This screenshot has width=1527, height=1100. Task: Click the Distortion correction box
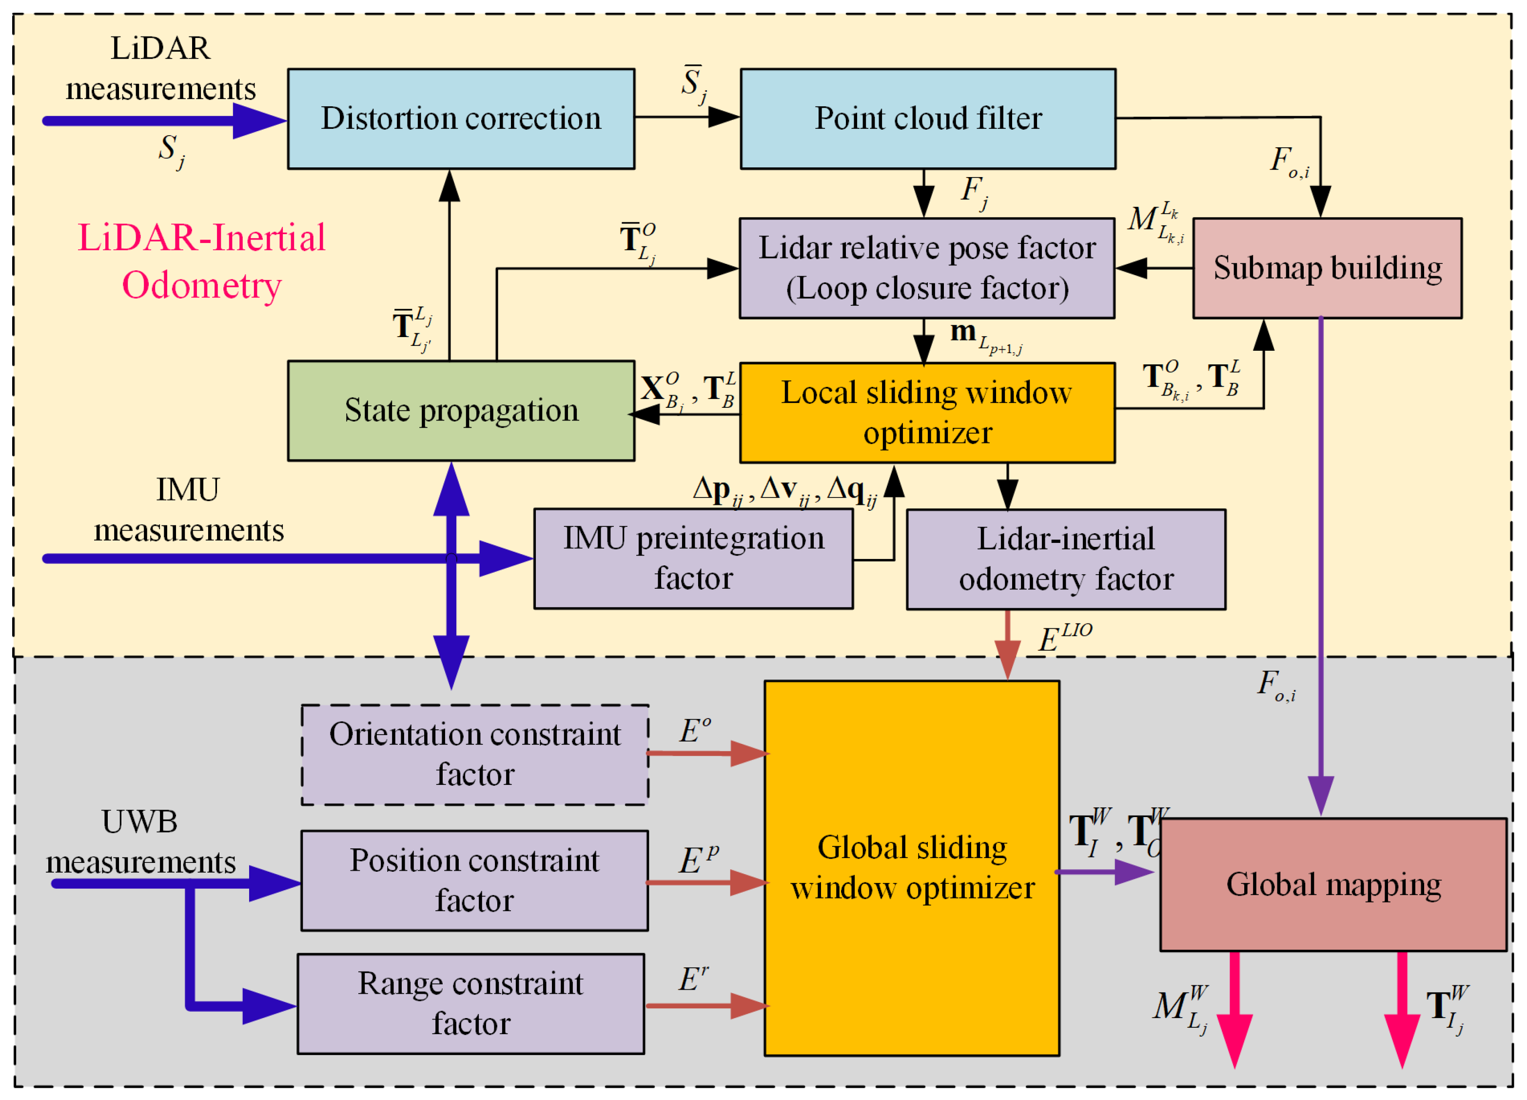tap(461, 119)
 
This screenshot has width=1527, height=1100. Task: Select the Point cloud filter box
tap(928, 119)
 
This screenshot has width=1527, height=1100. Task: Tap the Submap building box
tap(1327, 268)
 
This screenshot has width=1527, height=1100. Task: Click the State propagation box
tap(461, 411)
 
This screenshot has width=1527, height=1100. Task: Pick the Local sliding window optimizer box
tap(927, 413)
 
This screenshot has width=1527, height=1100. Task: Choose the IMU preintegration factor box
tap(693, 559)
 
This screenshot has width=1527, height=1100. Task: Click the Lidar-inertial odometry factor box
tap(1065, 559)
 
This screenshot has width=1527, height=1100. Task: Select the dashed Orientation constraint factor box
tap(475, 755)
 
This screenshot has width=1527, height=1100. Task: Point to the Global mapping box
tap(1333, 884)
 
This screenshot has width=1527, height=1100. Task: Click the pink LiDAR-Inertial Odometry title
tap(201, 261)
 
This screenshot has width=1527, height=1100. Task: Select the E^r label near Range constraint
tap(693, 979)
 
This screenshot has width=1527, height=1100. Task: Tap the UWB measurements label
tap(140, 842)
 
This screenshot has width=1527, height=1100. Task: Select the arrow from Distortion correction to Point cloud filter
tap(687, 117)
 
